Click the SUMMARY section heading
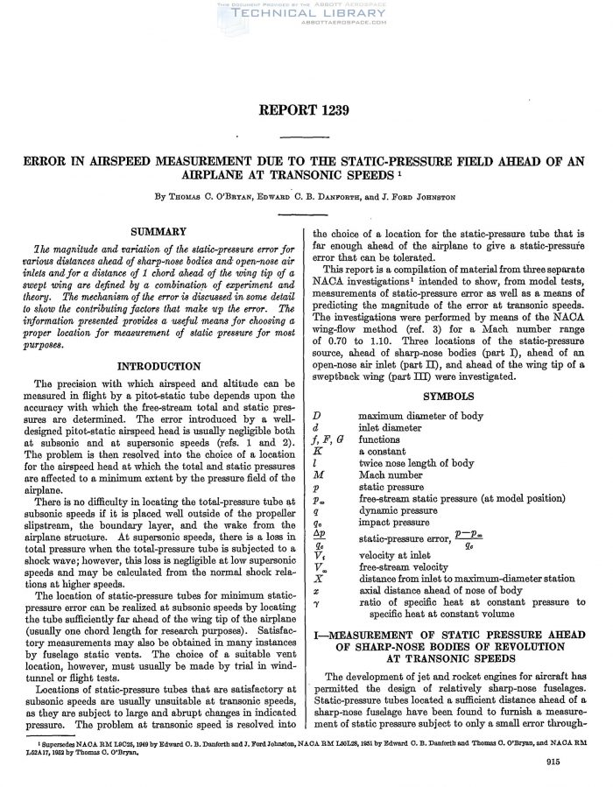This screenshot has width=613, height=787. (159, 231)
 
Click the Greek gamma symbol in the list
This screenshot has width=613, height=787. (316, 604)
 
